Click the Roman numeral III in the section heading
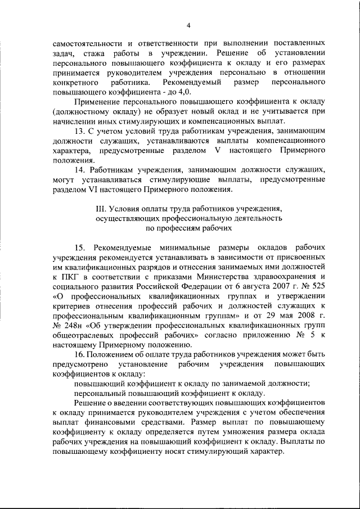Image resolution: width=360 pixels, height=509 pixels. [x=102, y=209]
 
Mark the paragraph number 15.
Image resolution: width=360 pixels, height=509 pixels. [x=80, y=247]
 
